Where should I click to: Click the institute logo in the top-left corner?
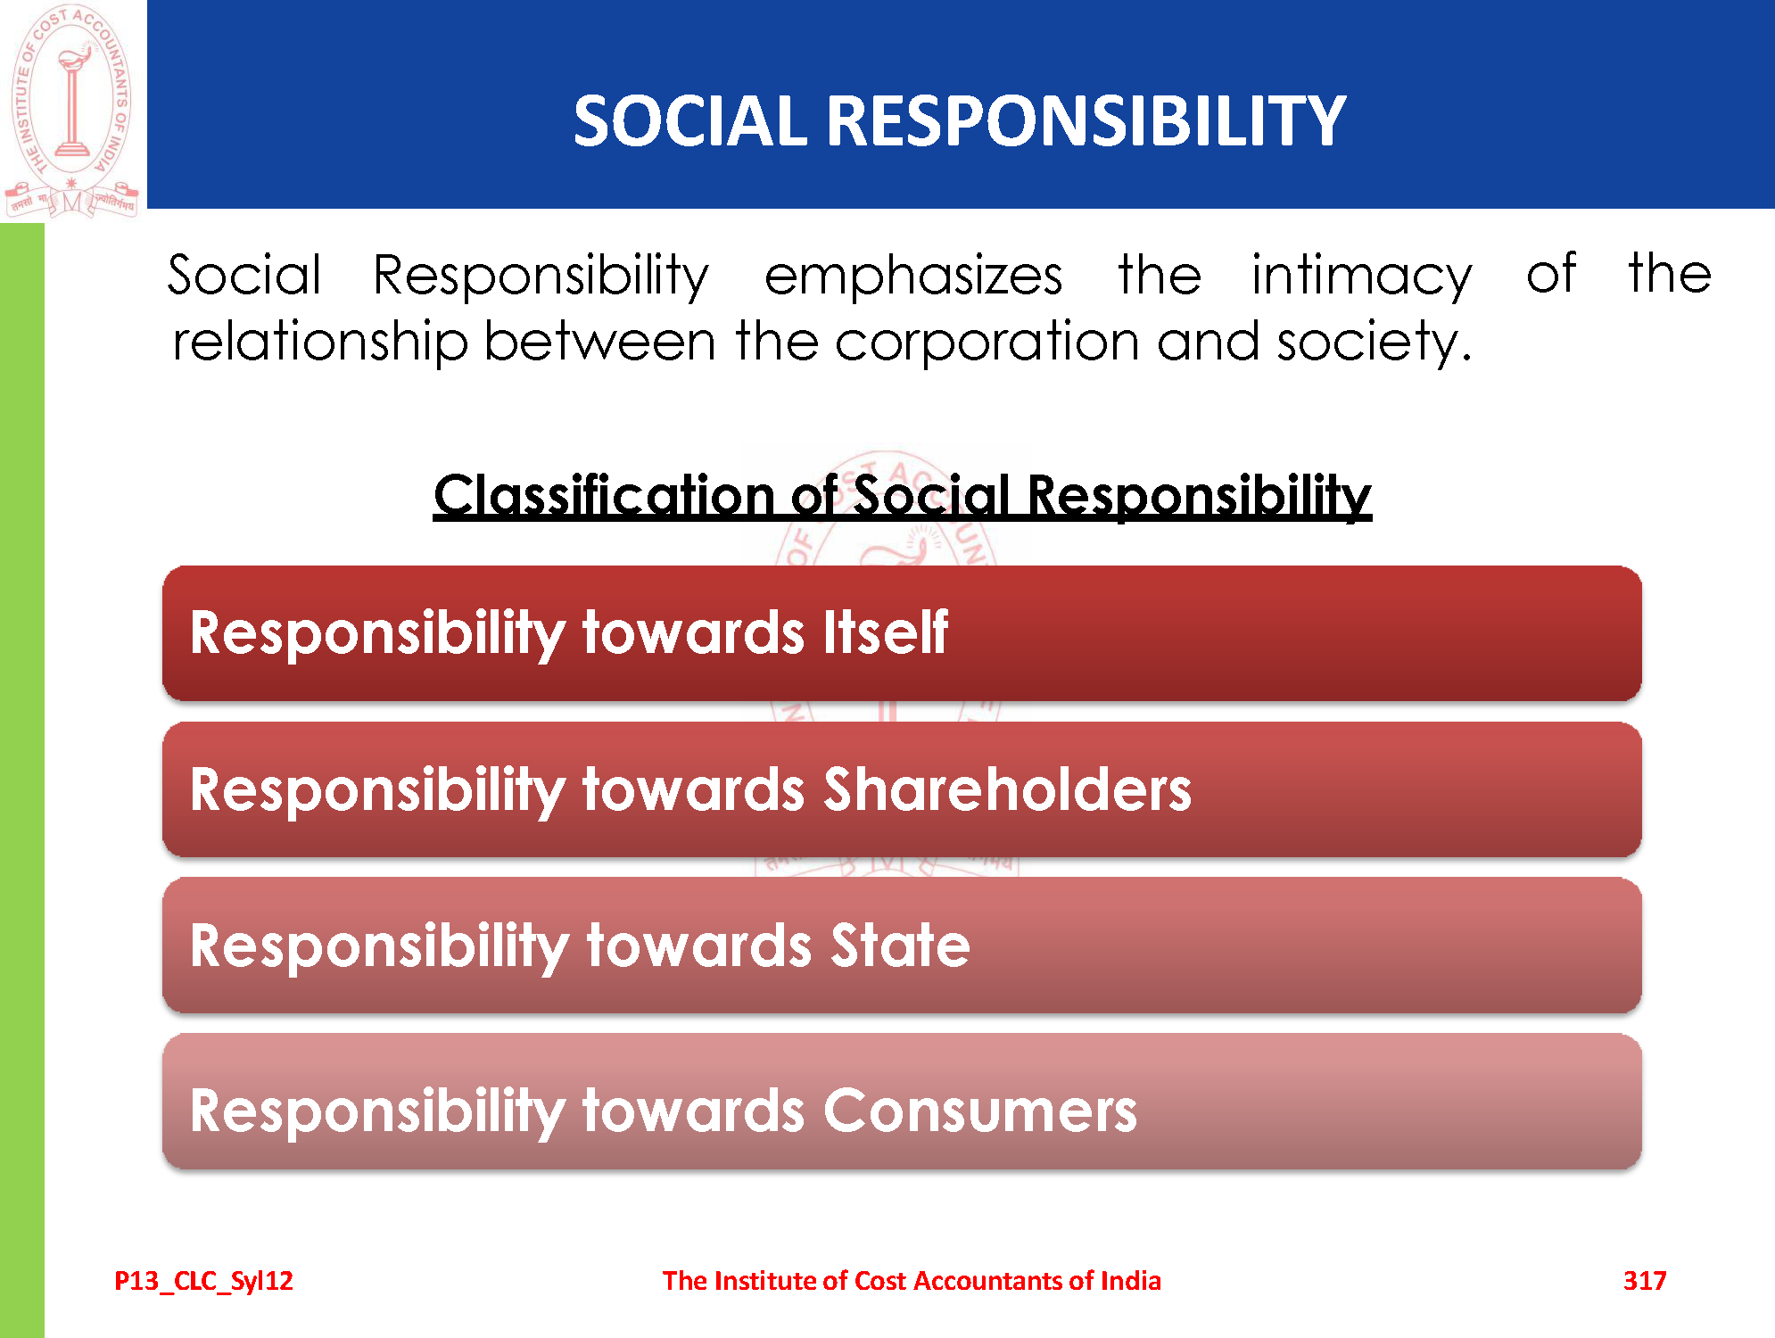point(71,111)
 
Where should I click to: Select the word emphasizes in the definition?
point(913,276)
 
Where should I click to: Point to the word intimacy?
point(1361,276)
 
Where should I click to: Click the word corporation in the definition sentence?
point(987,343)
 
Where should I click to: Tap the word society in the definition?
point(1374,343)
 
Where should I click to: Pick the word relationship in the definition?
point(320,343)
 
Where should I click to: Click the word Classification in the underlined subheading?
point(604,495)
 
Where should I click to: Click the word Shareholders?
point(1007,789)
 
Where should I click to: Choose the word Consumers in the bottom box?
point(979,1111)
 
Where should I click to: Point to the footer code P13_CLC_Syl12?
point(203,1281)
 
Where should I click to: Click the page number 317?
point(1645,1281)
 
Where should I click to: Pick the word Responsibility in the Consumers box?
point(377,1111)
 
